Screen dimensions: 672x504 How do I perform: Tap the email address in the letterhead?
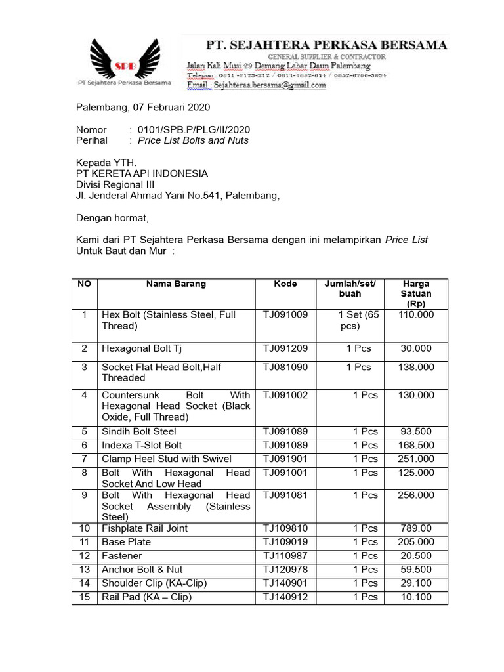[x=257, y=85]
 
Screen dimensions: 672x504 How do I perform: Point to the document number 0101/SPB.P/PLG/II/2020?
[x=194, y=130]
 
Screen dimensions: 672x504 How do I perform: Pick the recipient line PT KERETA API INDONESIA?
[x=142, y=173]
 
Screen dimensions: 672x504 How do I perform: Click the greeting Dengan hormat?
[x=112, y=218]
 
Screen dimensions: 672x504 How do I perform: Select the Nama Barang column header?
[x=176, y=284]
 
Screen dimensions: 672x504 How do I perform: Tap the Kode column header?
[x=285, y=284]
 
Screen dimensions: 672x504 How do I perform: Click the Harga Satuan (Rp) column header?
[x=415, y=294]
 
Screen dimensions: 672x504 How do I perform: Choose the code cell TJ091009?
[x=285, y=315]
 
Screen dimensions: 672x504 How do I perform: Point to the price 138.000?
[x=415, y=367]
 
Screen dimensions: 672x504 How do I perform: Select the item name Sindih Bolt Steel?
[x=138, y=432]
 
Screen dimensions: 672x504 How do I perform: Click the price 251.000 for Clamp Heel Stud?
[x=415, y=459]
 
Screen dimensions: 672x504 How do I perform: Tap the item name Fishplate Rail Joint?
[x=144, y=528]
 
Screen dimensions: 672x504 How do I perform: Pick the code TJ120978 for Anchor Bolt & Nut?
[x=285, y=570]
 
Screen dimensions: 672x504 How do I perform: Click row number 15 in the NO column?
[x=85, y=597]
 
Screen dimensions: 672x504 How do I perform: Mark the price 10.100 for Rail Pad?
[x=415, y=597]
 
